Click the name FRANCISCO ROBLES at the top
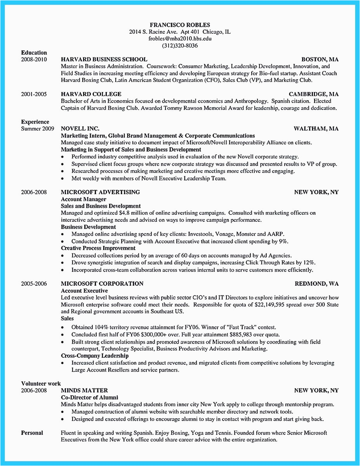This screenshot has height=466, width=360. click(179, 24)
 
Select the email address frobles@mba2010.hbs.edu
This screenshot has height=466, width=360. click(179, 38)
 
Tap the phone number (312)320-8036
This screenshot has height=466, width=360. click(179, 45)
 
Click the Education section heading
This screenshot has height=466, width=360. click(34, 53)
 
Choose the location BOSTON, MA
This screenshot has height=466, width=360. click(320, 59)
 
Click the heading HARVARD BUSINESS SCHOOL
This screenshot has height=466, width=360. click(104, 59)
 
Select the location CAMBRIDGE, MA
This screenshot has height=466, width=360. click(313, 94)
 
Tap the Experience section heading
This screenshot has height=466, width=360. click(35, 122)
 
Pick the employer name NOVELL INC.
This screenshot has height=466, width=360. click(80, 129)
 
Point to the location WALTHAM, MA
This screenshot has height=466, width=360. click(316, 129)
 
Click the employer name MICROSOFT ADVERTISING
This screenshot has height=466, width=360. click(100, 192)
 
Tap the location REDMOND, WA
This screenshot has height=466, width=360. click(317, 284)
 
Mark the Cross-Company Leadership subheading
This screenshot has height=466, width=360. click(95, 356)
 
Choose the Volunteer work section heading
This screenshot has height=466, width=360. click(41, 384)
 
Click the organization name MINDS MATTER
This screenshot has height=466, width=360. click(84, 390)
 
